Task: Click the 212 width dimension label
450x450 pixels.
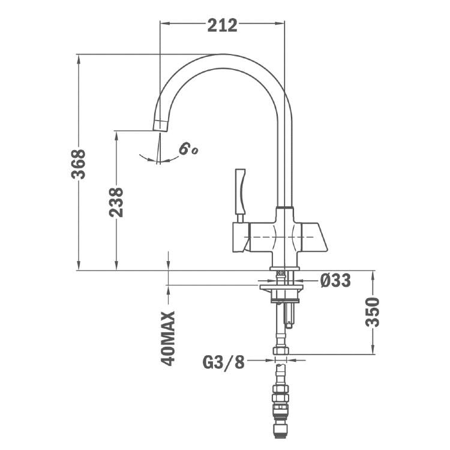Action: click(222, 25)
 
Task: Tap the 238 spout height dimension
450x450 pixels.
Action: click(116, 202)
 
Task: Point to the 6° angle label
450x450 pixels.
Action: click(188, 148)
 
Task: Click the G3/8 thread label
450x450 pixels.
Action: click(223, 362)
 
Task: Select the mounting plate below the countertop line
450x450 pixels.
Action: click(281, 289)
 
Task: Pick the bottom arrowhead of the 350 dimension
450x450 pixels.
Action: click(373, 350)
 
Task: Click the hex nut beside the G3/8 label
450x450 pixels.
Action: click(281, 352)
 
